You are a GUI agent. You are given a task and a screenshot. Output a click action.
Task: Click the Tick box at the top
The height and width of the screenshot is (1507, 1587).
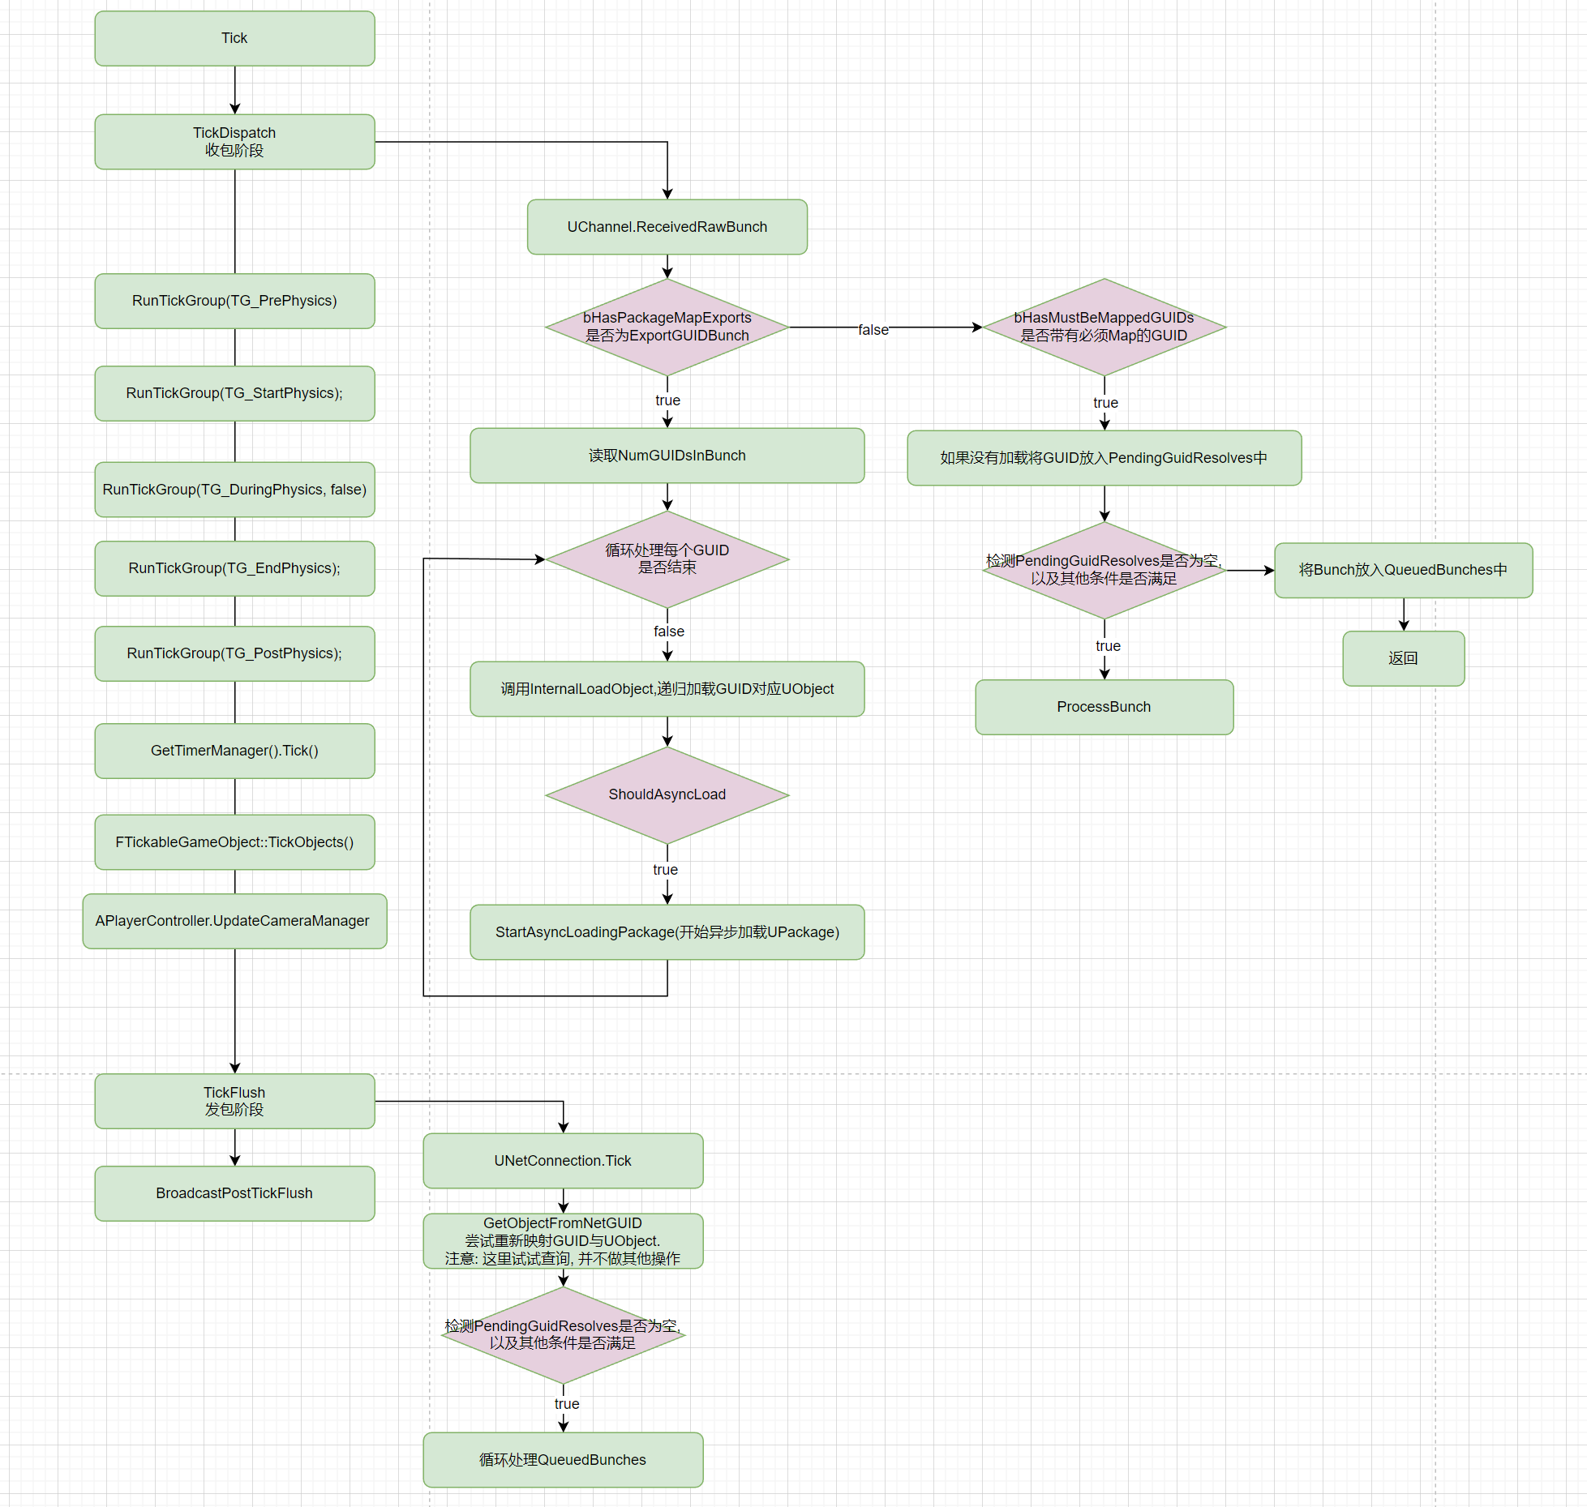coord(234,38)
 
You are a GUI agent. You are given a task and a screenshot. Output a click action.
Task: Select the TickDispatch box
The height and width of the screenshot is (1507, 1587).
coord(234,141)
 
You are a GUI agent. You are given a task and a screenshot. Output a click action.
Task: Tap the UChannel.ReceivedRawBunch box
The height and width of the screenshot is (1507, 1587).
coord(667,227)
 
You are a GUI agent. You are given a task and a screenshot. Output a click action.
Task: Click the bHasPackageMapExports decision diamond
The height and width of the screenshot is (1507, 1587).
coord(667,327)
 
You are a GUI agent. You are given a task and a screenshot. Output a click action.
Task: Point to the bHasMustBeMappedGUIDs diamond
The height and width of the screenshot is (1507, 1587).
coord(1103,327)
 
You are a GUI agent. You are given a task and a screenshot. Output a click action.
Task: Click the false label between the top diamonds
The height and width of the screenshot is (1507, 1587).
coord(873,330)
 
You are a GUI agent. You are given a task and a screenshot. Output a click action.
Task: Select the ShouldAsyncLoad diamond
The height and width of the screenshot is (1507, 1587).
coord(667,794)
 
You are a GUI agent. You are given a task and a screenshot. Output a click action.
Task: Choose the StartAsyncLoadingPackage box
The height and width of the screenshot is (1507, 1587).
coord(667,932)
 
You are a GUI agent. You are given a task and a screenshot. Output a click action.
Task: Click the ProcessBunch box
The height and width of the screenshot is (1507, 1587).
coord(1104,707)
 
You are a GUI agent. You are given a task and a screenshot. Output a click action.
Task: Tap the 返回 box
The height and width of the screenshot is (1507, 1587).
coord(1403,658)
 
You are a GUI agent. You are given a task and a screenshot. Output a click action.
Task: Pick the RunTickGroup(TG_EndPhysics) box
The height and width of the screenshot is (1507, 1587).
coord(234,568)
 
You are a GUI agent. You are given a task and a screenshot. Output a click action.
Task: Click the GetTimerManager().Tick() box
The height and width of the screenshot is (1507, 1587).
coord(234,751)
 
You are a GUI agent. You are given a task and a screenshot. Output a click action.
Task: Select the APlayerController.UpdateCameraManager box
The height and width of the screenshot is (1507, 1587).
coord(234,921)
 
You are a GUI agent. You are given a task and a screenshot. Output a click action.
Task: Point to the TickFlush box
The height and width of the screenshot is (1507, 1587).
coord(234,1101)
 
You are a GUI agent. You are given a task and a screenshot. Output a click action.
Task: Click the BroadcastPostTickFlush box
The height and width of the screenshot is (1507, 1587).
coord(234,1193)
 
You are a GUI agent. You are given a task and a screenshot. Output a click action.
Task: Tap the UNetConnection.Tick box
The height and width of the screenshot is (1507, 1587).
coord(563,1161)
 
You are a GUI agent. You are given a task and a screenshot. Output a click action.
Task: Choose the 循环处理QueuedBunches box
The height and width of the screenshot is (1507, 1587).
coord(563,1460)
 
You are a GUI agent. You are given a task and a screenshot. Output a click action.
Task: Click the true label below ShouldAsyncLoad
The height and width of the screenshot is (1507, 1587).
coord(665,870)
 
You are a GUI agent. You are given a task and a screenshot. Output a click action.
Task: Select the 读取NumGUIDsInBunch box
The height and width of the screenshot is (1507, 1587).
coord(667,456)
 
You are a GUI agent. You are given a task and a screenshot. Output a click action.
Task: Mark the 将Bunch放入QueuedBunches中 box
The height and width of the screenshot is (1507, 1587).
coord(1403,570)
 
